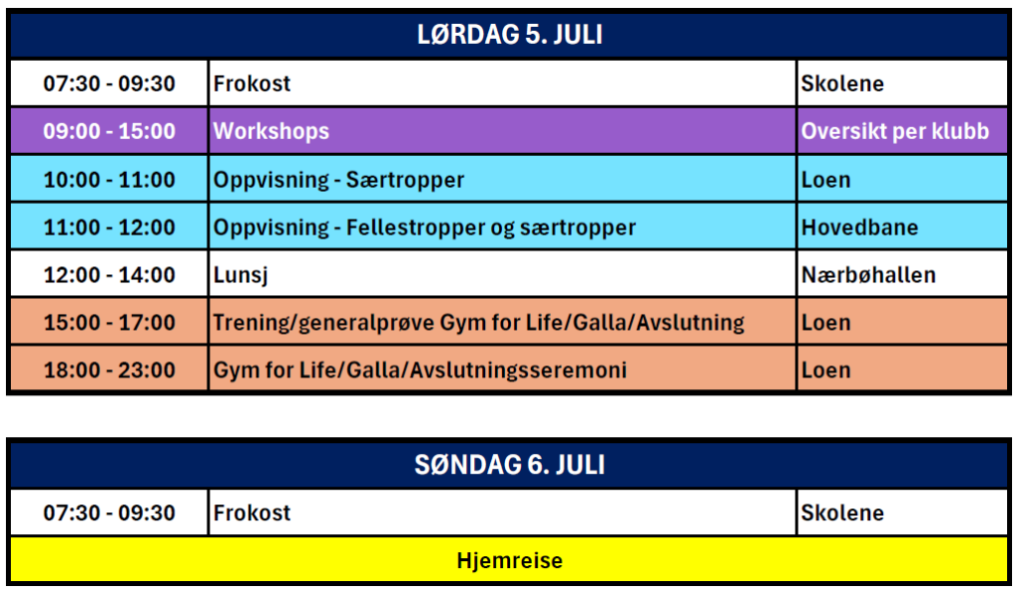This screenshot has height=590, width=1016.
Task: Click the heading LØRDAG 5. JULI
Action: (509, 35)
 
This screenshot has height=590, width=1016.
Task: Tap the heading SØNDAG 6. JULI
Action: (509, 465)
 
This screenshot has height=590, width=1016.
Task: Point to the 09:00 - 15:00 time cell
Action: (109, 131)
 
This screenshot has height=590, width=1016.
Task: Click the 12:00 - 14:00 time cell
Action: (109, 275)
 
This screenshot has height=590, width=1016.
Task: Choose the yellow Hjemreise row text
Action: (509, 560)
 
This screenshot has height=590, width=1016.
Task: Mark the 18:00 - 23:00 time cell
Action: (109, 370)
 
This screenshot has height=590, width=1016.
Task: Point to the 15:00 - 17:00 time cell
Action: (109, 322)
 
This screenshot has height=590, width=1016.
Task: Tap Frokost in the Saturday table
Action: (252, 83)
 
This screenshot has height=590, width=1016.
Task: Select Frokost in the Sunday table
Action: (252, 513)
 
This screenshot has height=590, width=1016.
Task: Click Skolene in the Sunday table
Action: (842, 513)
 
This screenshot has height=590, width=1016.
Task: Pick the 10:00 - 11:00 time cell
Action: (109, 180)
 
